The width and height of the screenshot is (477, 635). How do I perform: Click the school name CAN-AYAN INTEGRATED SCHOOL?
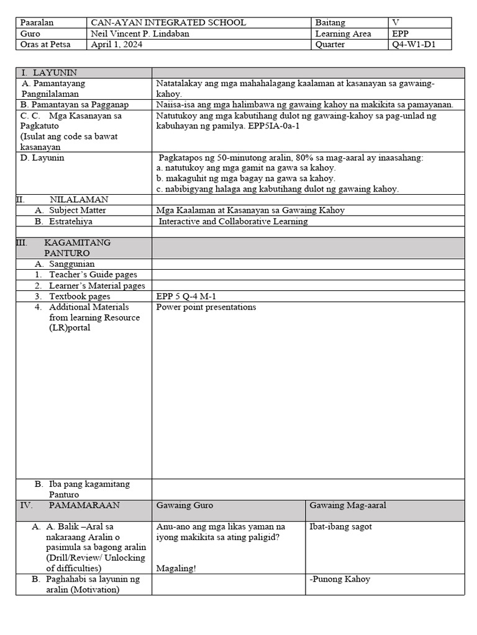coord(168,22)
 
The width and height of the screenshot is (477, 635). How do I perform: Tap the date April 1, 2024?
coord(116,45)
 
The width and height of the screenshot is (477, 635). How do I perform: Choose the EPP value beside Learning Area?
coord(401,33)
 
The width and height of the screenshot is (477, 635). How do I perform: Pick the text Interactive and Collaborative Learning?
coord(233,221)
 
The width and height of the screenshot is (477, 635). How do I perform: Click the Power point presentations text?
coord(206,307)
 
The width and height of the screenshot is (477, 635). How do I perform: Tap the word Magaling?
coord(176,568)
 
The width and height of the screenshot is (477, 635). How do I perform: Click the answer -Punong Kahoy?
coord(339,579)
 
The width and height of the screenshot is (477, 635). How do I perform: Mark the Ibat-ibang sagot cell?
coord(340,527)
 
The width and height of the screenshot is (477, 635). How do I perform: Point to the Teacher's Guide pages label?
coord(93,275)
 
